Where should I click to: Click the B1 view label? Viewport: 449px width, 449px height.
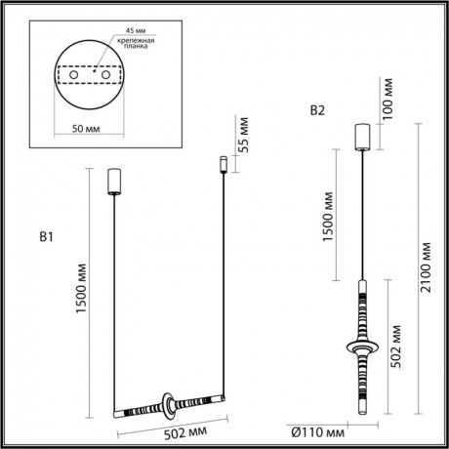47,236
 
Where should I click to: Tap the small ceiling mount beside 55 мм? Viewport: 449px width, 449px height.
223,162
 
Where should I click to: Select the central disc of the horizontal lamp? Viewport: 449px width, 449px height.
171,403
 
